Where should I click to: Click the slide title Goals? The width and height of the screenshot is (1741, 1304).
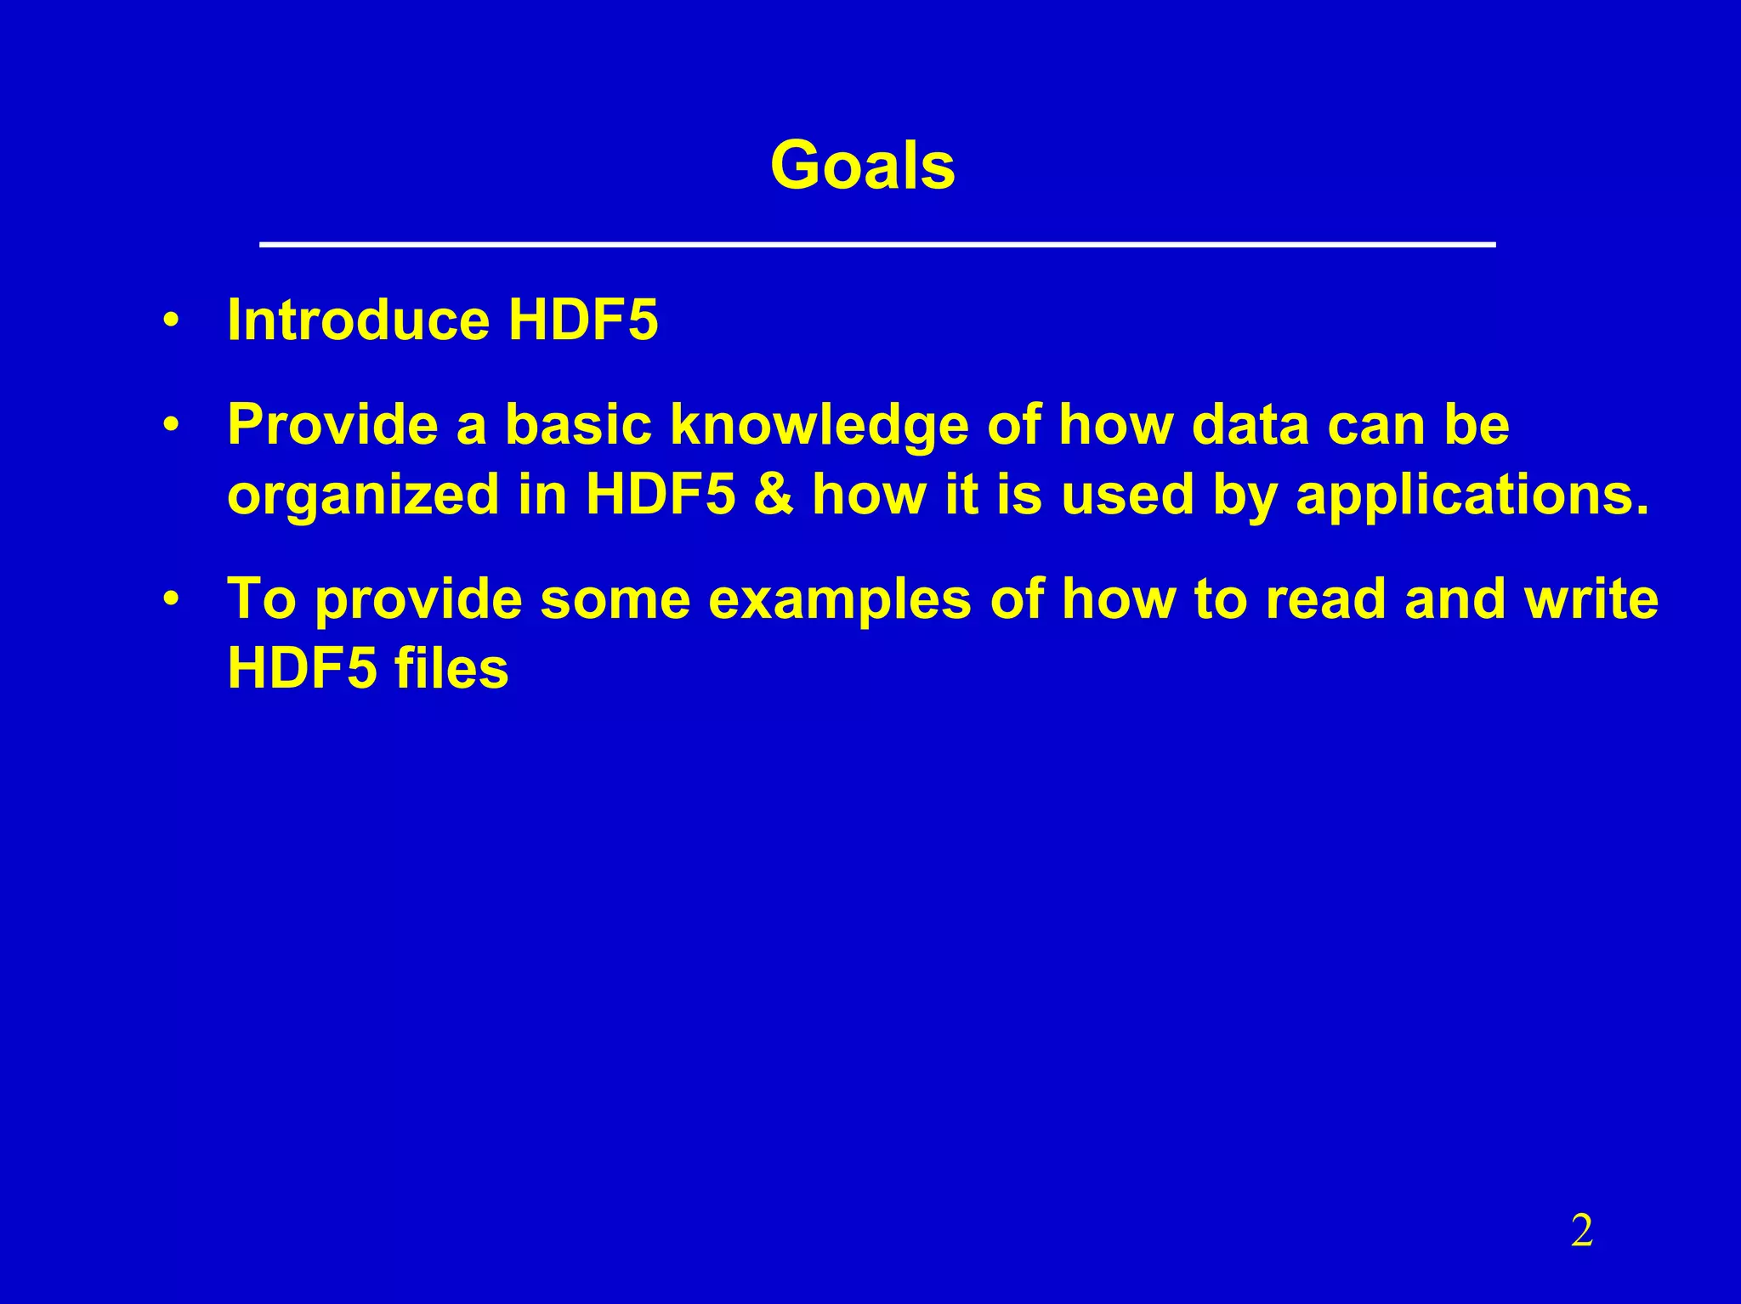(862, 165)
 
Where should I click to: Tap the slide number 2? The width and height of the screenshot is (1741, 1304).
(1581, 1231)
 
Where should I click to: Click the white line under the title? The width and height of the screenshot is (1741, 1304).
(876, 245)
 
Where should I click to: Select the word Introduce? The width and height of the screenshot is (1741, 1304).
(358, 320)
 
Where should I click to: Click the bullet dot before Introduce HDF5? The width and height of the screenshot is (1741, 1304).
(172, 321)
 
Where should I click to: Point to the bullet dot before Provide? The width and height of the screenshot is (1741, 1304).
(172, 424)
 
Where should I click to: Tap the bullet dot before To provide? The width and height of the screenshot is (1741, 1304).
(172, 599)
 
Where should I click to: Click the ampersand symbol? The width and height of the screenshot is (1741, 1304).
(773, 495)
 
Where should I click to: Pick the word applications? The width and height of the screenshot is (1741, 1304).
(1472, 496)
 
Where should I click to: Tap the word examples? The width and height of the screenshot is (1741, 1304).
(839, 601)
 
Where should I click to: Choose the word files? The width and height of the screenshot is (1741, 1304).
(451, 668)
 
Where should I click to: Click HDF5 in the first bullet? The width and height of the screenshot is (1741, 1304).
(583, 320)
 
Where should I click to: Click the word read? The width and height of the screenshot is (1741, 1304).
(1327, 599)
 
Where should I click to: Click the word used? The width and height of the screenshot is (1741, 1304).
(1128, 495)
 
